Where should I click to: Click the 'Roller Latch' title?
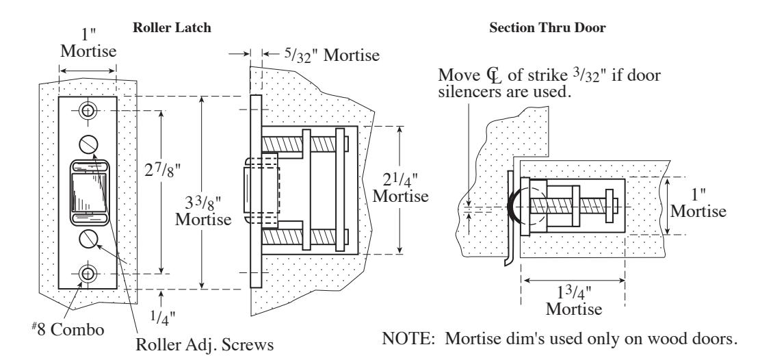click(172, 27)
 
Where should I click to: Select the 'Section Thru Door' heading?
click(547, 27)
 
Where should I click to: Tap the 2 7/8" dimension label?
click(163, 170)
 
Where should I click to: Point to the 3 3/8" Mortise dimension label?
click(203, 210)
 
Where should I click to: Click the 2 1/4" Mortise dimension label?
click(400, 188)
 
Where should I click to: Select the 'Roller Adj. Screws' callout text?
click(205, 344)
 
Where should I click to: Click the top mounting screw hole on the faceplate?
click(88, 111)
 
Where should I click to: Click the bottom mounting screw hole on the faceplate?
click(88, 274)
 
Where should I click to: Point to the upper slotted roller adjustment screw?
click(88, 144)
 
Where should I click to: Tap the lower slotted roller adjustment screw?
click(88, 239)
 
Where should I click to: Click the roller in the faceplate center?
click(89, 192)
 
